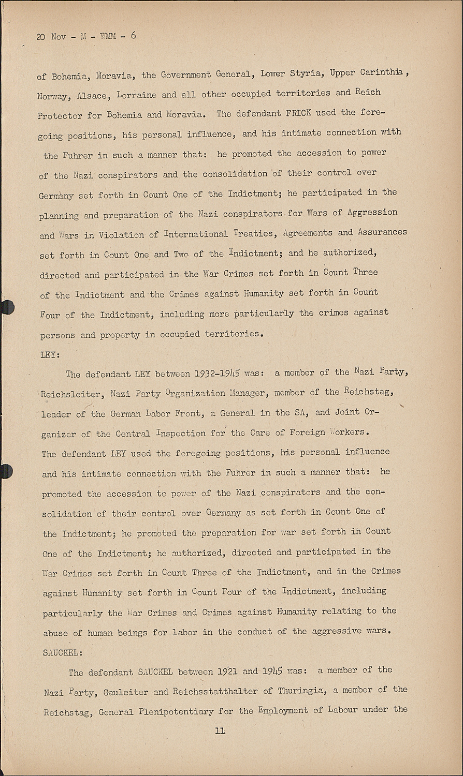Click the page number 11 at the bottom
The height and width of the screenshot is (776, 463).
tap(220, 731)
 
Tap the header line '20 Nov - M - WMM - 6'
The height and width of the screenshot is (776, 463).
tap(86, 37)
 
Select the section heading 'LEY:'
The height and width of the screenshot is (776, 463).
tap(50, 354)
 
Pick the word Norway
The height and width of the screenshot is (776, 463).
tap(54, 96)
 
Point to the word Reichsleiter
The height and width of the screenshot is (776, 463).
tap(71, 394)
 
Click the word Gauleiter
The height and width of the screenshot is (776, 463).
tap(126, 692)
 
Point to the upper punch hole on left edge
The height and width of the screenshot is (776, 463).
tap(6, 307)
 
